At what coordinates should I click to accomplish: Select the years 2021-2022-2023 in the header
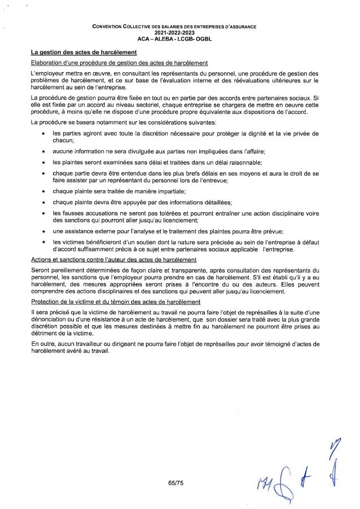coord(179,33)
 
